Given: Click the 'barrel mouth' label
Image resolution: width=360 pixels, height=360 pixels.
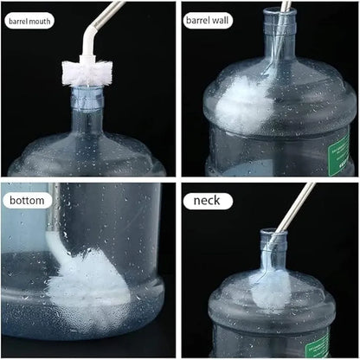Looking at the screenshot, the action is coord(29,21).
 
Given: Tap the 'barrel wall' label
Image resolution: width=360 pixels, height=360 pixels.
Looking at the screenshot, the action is coord(208,20).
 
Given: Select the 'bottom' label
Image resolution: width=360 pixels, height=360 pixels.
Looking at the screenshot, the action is coord(27,200).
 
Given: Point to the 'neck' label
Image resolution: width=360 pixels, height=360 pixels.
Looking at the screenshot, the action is coord(207,201).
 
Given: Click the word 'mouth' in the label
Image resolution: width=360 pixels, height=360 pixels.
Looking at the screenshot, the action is coord(39,21).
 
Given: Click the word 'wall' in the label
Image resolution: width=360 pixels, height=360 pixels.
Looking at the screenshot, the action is coord(221,20).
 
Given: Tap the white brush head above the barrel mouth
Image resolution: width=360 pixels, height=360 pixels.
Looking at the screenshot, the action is coord(87,73).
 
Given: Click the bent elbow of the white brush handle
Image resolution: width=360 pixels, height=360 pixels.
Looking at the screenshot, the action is coord(90,33).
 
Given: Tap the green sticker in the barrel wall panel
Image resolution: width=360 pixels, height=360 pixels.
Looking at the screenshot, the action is coord(339,153).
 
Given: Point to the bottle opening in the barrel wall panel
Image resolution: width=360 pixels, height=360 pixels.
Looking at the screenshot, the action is coord(280,11).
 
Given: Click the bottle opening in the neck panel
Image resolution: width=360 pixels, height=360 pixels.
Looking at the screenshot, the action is coord(273,232).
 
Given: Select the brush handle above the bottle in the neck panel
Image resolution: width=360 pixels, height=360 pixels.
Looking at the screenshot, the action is coord(296,206).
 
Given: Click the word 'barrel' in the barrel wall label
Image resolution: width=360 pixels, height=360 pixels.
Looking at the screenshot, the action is coord(198,20).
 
